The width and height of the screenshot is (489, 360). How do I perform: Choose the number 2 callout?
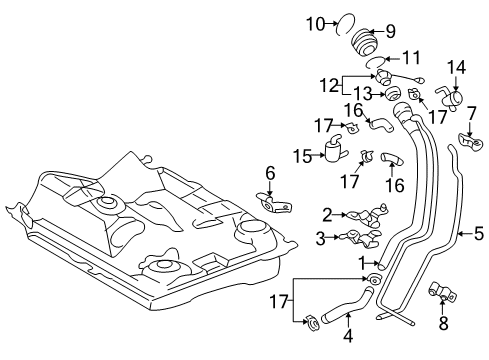pos(327,213)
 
